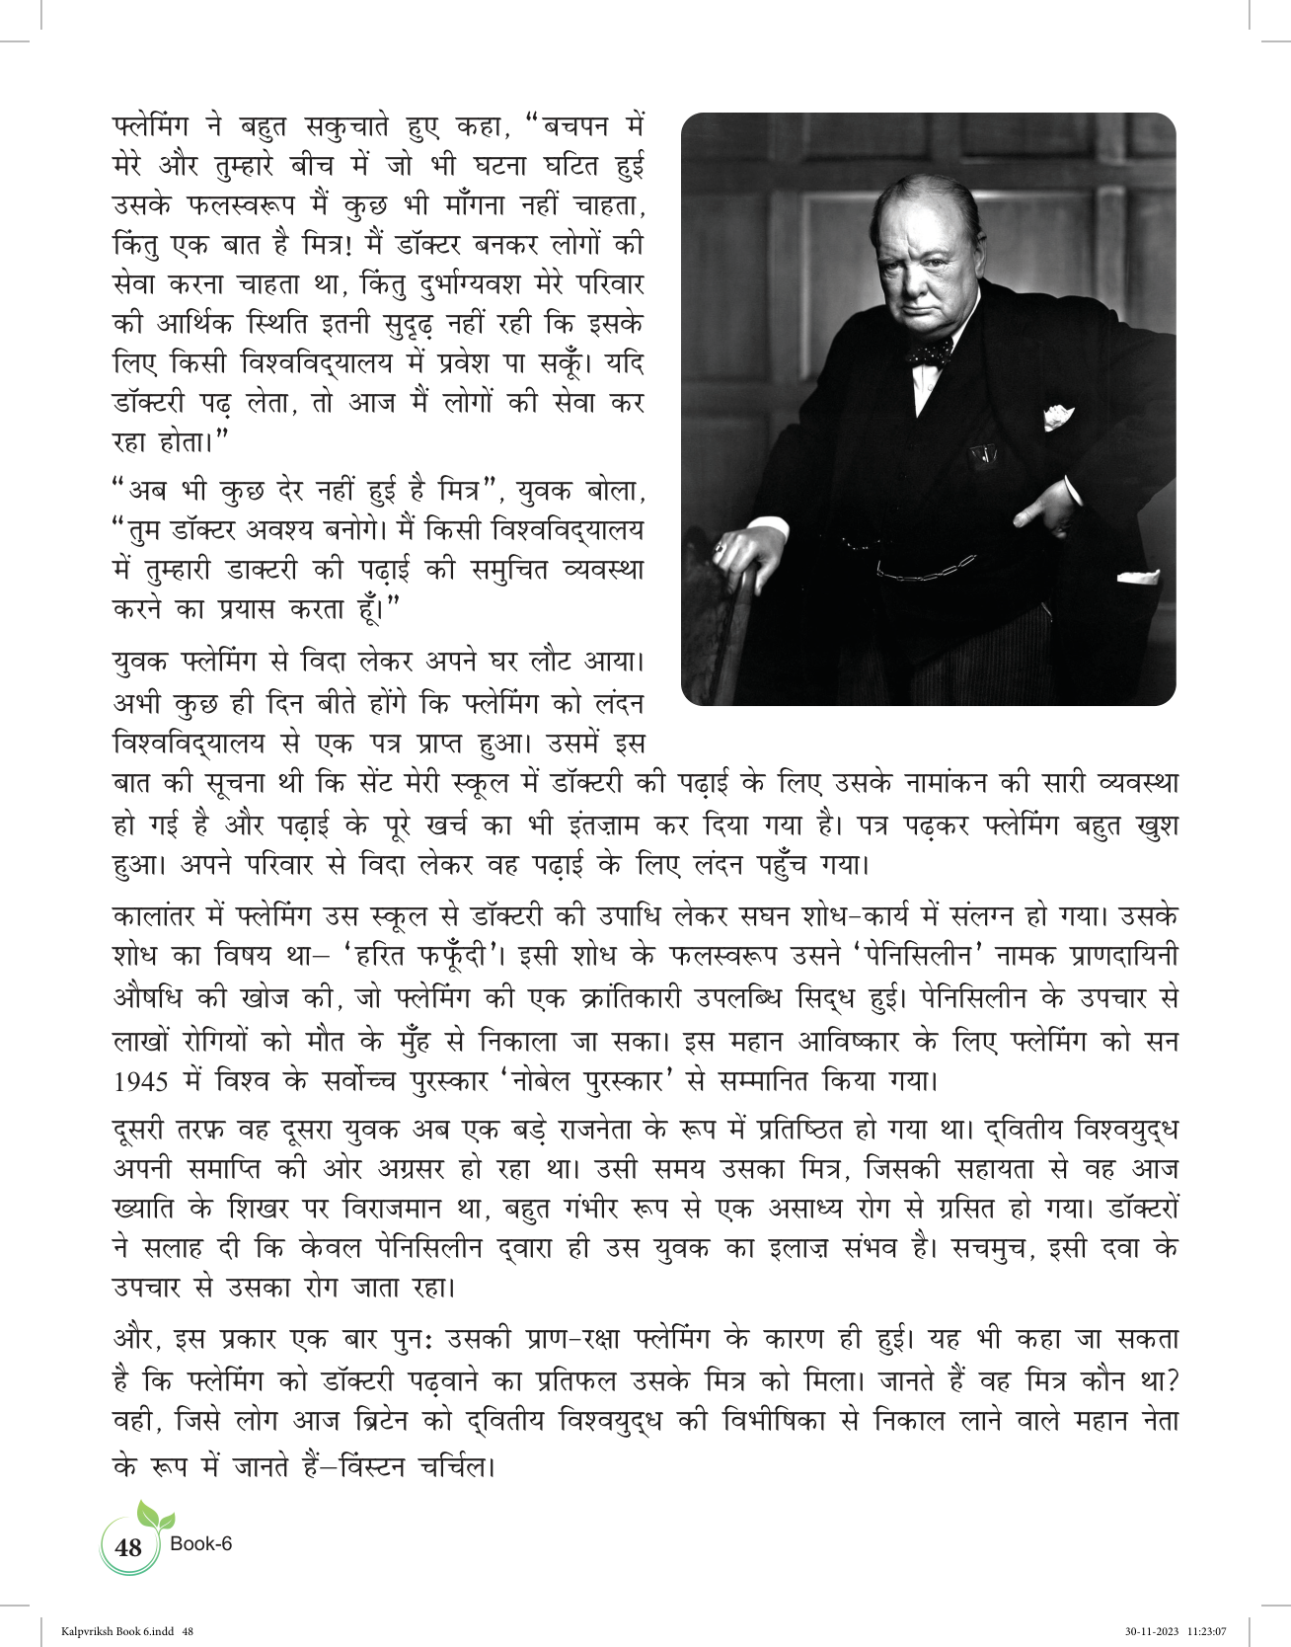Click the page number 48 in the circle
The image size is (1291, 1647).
129,1546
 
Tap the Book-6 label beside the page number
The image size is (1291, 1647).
201,1543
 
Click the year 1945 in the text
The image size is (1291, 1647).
140,1082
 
